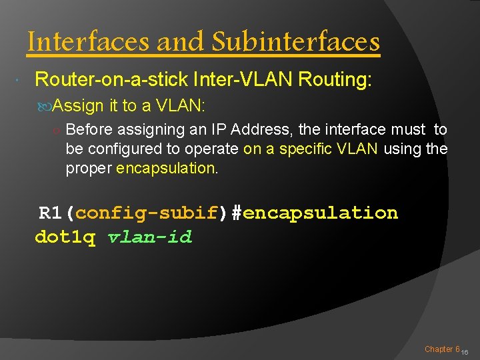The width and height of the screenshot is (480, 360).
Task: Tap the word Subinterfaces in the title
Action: pos(295,42)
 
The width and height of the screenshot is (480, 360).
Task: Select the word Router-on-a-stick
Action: pos(110,80)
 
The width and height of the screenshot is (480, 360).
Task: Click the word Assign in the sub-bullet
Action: pos(78,105)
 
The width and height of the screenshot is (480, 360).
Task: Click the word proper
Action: pos(89,168)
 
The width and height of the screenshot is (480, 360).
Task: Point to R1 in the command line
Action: pos(50,213)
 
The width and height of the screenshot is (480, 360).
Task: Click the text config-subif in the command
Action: pos(147,213)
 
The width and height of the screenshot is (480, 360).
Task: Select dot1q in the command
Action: pos(65,237)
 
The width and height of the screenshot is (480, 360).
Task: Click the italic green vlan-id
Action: pos(149,237)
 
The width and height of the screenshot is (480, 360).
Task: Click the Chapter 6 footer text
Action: pos(442,349)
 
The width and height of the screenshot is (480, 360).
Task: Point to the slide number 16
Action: pos(465,351)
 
